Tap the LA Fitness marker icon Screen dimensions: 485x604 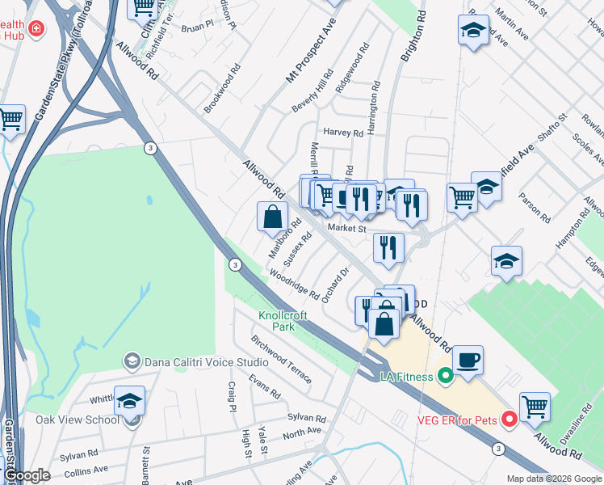point(444,376)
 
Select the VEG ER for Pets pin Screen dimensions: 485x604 point(509,420)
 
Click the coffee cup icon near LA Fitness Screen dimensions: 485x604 point(468,360)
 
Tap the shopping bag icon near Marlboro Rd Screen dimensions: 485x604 point(272,217)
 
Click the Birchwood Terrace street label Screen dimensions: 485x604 point(281,359)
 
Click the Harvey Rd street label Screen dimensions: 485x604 point(342,132)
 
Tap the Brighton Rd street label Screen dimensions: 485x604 point(412,40)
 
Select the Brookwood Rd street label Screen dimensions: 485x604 point(223,95)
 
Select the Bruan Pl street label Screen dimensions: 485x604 point(196,27)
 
